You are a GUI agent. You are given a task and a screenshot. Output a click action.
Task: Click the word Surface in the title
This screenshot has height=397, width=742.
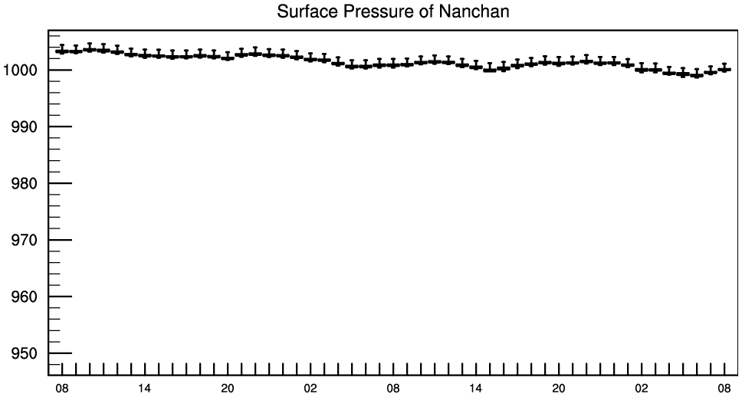[x=303, y=12]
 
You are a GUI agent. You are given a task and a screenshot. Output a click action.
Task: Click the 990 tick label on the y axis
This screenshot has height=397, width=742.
[x=27, y=127]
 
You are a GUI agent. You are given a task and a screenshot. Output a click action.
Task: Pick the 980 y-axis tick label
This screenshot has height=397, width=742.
[x=27, y=184]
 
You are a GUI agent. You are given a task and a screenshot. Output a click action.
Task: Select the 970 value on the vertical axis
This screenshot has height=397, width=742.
[x=27, y=241]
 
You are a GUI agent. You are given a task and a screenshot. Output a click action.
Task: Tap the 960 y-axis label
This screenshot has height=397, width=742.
[x=27, y=297]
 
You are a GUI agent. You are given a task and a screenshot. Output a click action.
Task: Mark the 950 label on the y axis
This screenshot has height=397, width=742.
[x=27, y=354]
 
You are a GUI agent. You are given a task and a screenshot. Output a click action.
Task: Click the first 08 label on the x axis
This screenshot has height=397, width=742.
[x=62, y=388]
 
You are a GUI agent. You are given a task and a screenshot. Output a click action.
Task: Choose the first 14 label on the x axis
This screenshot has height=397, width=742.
[x=145, y=388]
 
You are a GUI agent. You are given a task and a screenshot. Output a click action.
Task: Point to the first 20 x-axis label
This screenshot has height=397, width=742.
[x=228, y=388]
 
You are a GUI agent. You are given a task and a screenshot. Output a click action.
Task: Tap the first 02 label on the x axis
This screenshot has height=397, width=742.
[x=310, y=388]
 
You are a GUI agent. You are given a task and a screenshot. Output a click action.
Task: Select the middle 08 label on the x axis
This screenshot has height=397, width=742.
[x=393, y=388]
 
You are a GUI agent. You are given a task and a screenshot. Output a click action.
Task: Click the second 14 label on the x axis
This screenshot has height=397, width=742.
[x=476, y=388]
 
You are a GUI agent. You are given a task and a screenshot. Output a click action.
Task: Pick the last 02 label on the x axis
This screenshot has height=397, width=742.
[x=642, y=388]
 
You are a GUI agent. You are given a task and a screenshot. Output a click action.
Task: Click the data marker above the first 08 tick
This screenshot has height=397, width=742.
[x=62, y=51]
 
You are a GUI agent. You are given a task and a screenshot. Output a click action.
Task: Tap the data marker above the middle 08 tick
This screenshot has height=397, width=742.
[x=393, y=64]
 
